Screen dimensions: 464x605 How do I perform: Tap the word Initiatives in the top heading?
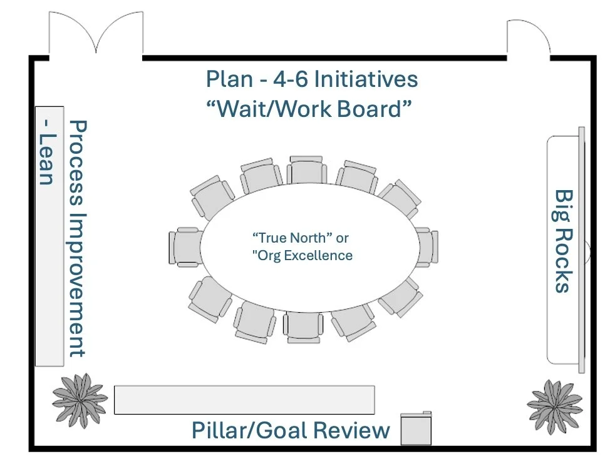click(x=365, y=80)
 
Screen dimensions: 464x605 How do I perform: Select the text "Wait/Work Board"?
click(x=309, y=109)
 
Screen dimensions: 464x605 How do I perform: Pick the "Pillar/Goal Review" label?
click(x=290, y=430)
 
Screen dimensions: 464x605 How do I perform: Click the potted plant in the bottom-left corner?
click(x=80, y=400)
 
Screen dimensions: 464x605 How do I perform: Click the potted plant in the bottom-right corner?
click(x=555, y=406)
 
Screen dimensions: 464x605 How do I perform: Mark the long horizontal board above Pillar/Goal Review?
click(x=244, y=400)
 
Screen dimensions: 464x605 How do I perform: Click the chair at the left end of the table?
click(x=183, y=248)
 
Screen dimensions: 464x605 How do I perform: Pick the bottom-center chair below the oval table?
click(x=302, y=327)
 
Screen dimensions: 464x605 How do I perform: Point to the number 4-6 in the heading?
click(x=284, y=80)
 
